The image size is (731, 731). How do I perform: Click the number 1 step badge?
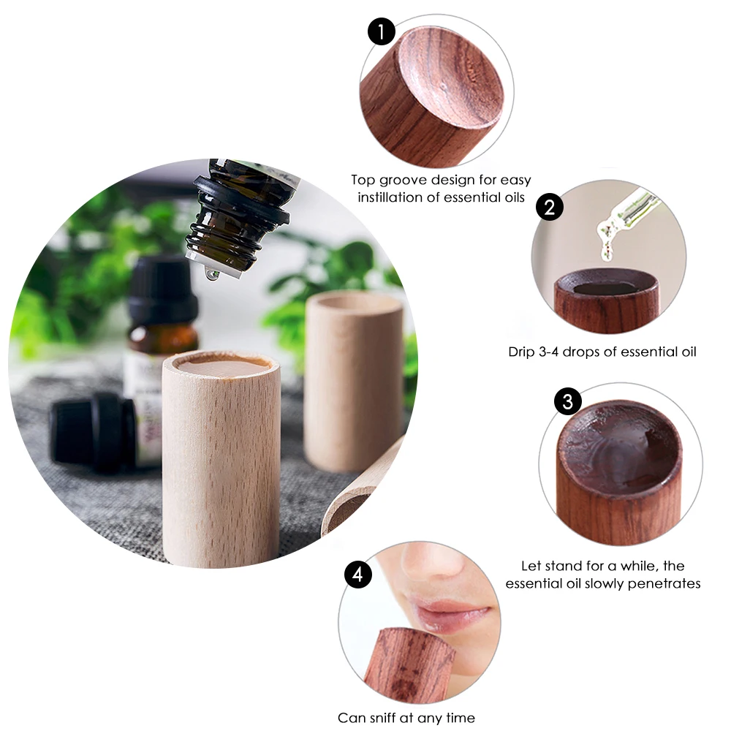381,32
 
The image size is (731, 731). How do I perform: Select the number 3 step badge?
568,401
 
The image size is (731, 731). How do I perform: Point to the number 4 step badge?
357,575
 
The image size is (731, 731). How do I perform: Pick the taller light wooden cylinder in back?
354,380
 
